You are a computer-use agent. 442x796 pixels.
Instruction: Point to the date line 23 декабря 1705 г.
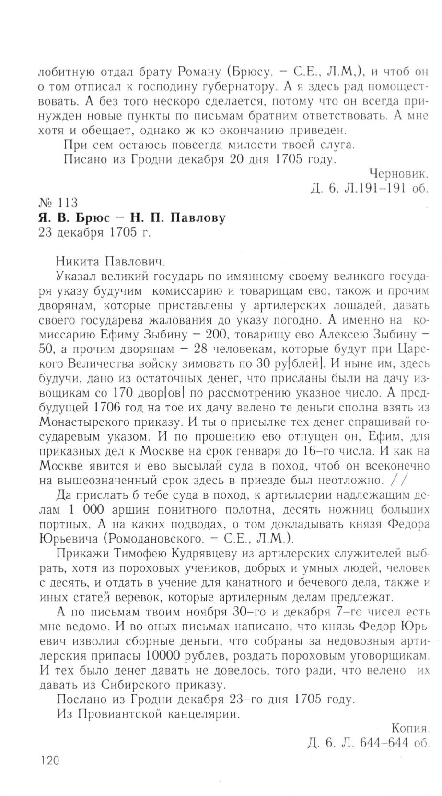[94, 233]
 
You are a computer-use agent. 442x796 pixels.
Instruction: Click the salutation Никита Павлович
[111, 262]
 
